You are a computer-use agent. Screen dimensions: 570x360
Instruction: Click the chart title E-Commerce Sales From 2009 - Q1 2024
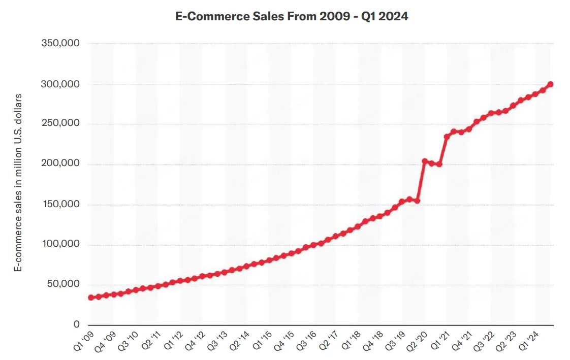click(292, 16)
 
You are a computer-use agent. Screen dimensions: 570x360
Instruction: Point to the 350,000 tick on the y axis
click(60, 43)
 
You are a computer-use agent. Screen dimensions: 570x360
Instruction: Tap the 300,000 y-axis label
click(60, 84)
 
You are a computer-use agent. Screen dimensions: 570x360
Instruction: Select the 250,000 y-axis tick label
click(60, 123)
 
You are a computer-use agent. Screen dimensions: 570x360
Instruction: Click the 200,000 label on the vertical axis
click(60, 163)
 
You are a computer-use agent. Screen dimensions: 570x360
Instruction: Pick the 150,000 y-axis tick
click(60, 204)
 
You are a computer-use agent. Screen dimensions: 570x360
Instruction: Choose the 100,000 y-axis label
click(60, 244)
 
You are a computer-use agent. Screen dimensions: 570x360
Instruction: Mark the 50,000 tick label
click(64, 284)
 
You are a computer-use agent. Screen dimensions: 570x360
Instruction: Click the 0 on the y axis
click(76, 324)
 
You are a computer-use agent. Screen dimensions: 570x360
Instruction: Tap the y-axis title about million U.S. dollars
click(18, 182)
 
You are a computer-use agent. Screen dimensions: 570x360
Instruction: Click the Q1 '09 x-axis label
click(83, 341)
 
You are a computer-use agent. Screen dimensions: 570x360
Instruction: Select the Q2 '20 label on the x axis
click(417, 341)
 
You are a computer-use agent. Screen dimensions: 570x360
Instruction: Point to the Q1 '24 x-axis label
click(528, 341)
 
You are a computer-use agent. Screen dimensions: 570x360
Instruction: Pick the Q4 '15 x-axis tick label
click(284, 341)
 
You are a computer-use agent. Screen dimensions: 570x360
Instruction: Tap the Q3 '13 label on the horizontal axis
click(217, 341)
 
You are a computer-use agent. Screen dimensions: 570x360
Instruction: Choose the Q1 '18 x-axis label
click(351, 341)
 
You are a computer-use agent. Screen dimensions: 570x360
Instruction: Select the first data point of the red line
click(91, 298)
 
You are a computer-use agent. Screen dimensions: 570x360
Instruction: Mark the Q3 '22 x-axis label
click(484, 341)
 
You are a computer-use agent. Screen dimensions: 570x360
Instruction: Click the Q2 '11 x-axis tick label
click(150, 341)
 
